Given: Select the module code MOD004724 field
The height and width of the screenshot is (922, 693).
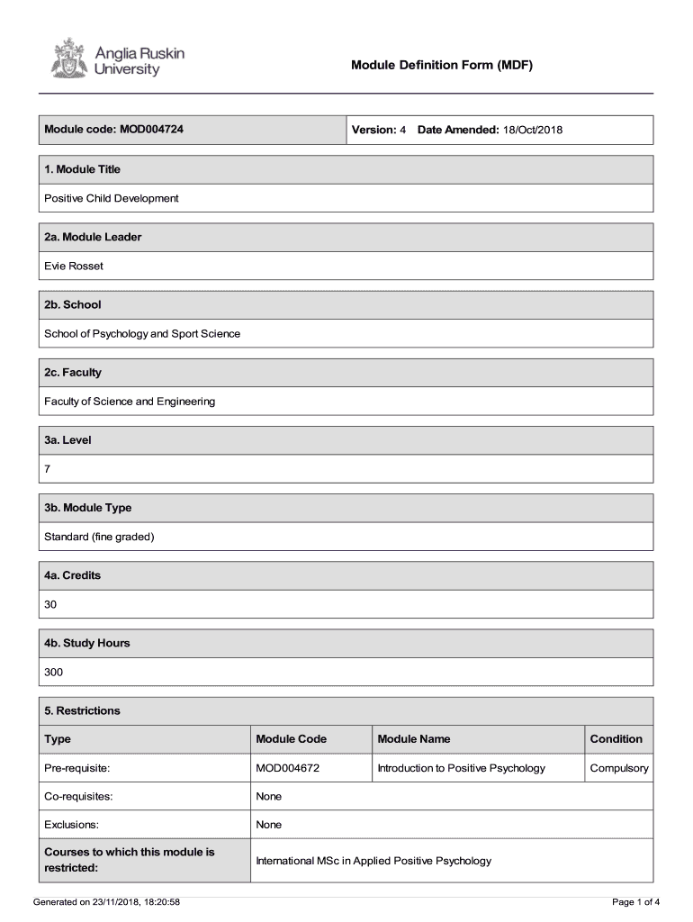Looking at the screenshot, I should [114, 130].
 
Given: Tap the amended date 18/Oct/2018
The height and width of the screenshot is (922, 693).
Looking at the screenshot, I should [532, 130].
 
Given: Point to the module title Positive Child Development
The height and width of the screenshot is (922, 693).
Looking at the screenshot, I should [112, 198].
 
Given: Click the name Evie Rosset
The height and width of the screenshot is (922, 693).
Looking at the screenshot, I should [74, 266].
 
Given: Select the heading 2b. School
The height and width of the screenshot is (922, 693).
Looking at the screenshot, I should [73, 304].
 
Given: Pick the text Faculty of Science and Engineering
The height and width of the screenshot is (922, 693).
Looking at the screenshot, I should [130, 402].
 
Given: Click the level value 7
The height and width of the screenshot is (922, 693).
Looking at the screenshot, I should [48, 469].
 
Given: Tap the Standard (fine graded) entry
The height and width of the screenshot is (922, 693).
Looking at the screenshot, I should [100, 537].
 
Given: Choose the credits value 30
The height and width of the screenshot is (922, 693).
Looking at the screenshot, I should [50, 604].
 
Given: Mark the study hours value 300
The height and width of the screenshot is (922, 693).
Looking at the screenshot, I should [54, 672].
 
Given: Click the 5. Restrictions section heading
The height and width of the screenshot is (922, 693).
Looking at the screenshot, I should [82, 710].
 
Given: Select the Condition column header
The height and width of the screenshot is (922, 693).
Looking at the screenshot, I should [616, 739].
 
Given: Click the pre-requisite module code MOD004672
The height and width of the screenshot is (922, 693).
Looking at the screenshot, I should [288, 768].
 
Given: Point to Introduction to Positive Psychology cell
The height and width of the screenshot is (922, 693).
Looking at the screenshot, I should [461, 768].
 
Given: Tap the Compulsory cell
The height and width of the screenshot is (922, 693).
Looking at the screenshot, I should [618, 768].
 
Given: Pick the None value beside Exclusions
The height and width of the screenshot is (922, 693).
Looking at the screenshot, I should [268, 825].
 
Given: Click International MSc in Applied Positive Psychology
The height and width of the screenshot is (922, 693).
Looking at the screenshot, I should [373, 861].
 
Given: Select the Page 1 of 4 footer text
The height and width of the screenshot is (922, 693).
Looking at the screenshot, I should [635, 901].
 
